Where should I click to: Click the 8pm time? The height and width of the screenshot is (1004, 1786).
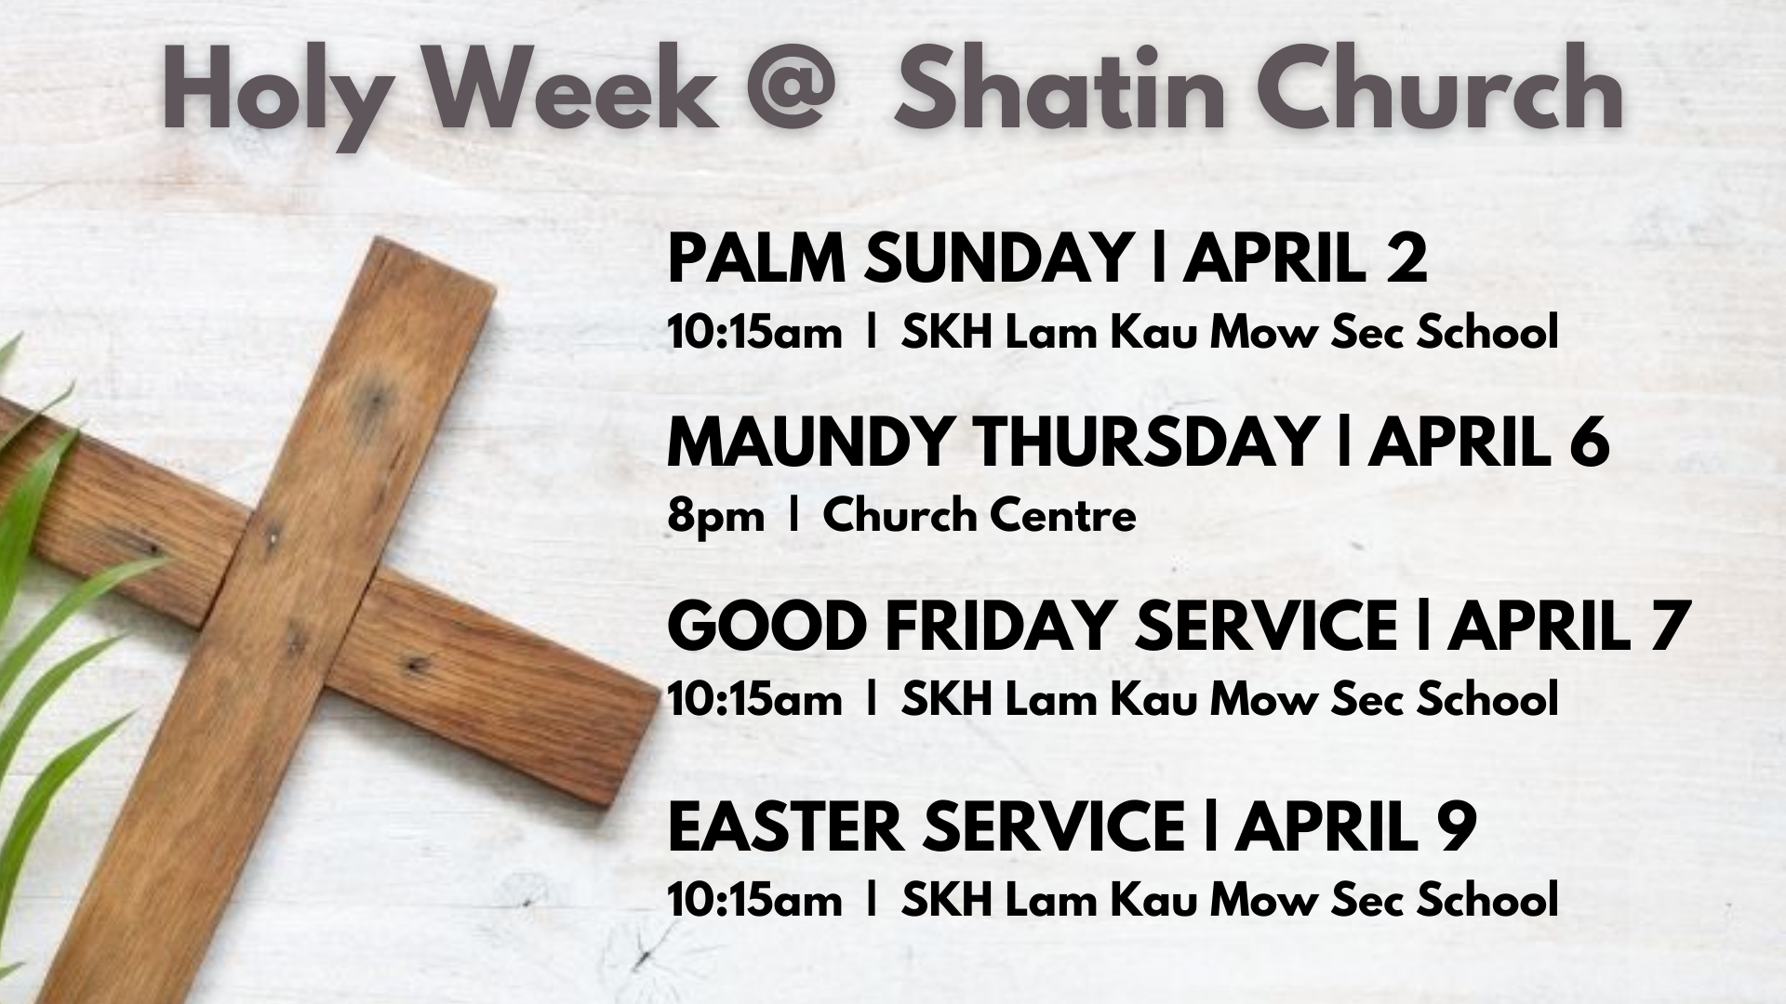pos(715,517)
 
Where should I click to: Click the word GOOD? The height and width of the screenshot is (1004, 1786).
pos(767,626)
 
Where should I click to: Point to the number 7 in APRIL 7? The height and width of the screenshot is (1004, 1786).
pos(1669,626)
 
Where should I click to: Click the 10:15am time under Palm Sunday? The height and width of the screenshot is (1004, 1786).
pos(754,333)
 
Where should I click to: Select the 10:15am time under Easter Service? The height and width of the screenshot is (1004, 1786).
pos(754,900)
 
